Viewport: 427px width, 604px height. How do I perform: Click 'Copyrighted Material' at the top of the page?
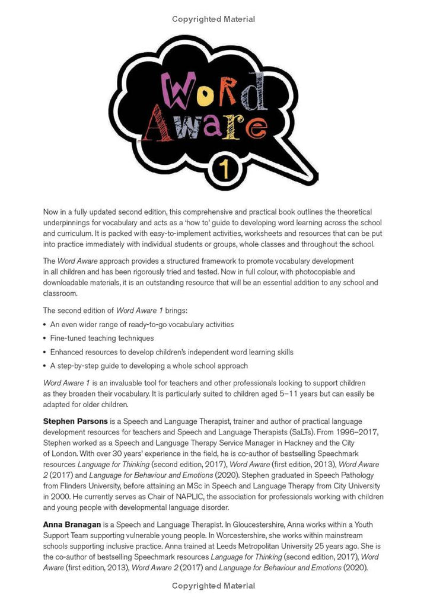coord(213,19)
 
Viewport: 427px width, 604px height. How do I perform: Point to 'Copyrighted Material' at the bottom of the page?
coord(213,586)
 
